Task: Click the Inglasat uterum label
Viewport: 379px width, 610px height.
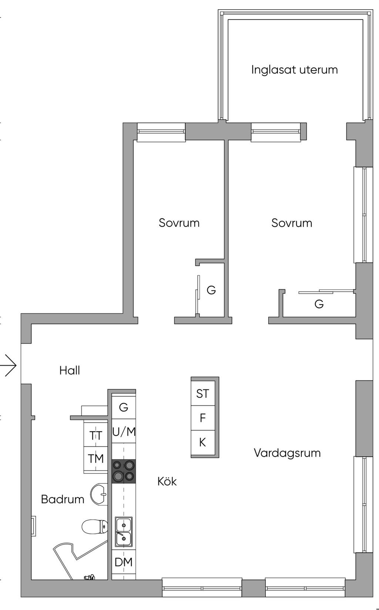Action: (x=294, y=70)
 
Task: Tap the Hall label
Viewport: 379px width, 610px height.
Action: (x=70, y=370)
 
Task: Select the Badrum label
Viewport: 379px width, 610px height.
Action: (x=63, y=499)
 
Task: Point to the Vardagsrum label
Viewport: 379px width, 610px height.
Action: (x=287, y=453)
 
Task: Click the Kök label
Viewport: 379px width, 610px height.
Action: (x=167, y=481)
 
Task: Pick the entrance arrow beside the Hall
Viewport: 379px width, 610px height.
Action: (x=10, y=365)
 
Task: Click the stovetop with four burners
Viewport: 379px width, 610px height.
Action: (x=124, y=471)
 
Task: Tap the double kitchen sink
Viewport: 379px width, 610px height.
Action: (x=123, y=532)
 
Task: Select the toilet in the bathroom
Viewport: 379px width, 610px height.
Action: (x=95, y=526)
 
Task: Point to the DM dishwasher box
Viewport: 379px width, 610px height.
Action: (x=124, y=562)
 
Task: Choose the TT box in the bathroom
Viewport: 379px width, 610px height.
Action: (x=96, y=435)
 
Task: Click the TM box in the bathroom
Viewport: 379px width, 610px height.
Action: (x=96, y=459)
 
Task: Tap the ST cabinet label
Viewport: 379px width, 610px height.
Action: (x=202, y=394)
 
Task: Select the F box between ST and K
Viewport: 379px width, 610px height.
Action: (x=202, y=418)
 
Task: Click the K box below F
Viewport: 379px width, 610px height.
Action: (x=202, y=442)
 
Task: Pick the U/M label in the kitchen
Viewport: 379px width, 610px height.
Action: (x=124, y=432)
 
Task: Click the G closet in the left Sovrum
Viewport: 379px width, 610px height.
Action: (x=211, y=290)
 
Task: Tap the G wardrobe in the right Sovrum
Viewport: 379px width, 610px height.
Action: (x=319, y=304)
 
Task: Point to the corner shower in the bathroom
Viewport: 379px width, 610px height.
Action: (x=74, y=559)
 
